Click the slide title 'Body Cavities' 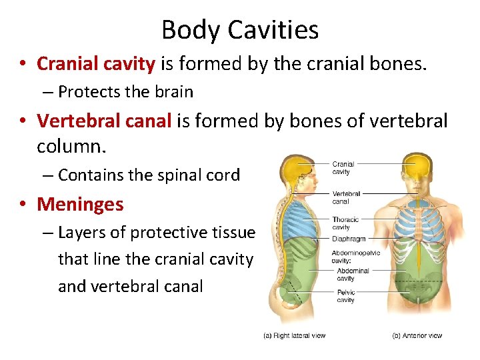(240, 30)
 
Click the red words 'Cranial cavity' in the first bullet (96, 63)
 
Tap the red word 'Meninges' (81, 204)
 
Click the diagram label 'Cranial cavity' (343, 167)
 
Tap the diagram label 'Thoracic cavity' (345, 223)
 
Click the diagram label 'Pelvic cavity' (345, 296)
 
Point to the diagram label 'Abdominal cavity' (353, 275)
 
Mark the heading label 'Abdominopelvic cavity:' (356, 257)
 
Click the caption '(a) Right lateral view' (293, 335)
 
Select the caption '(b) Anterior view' (417, 335)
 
